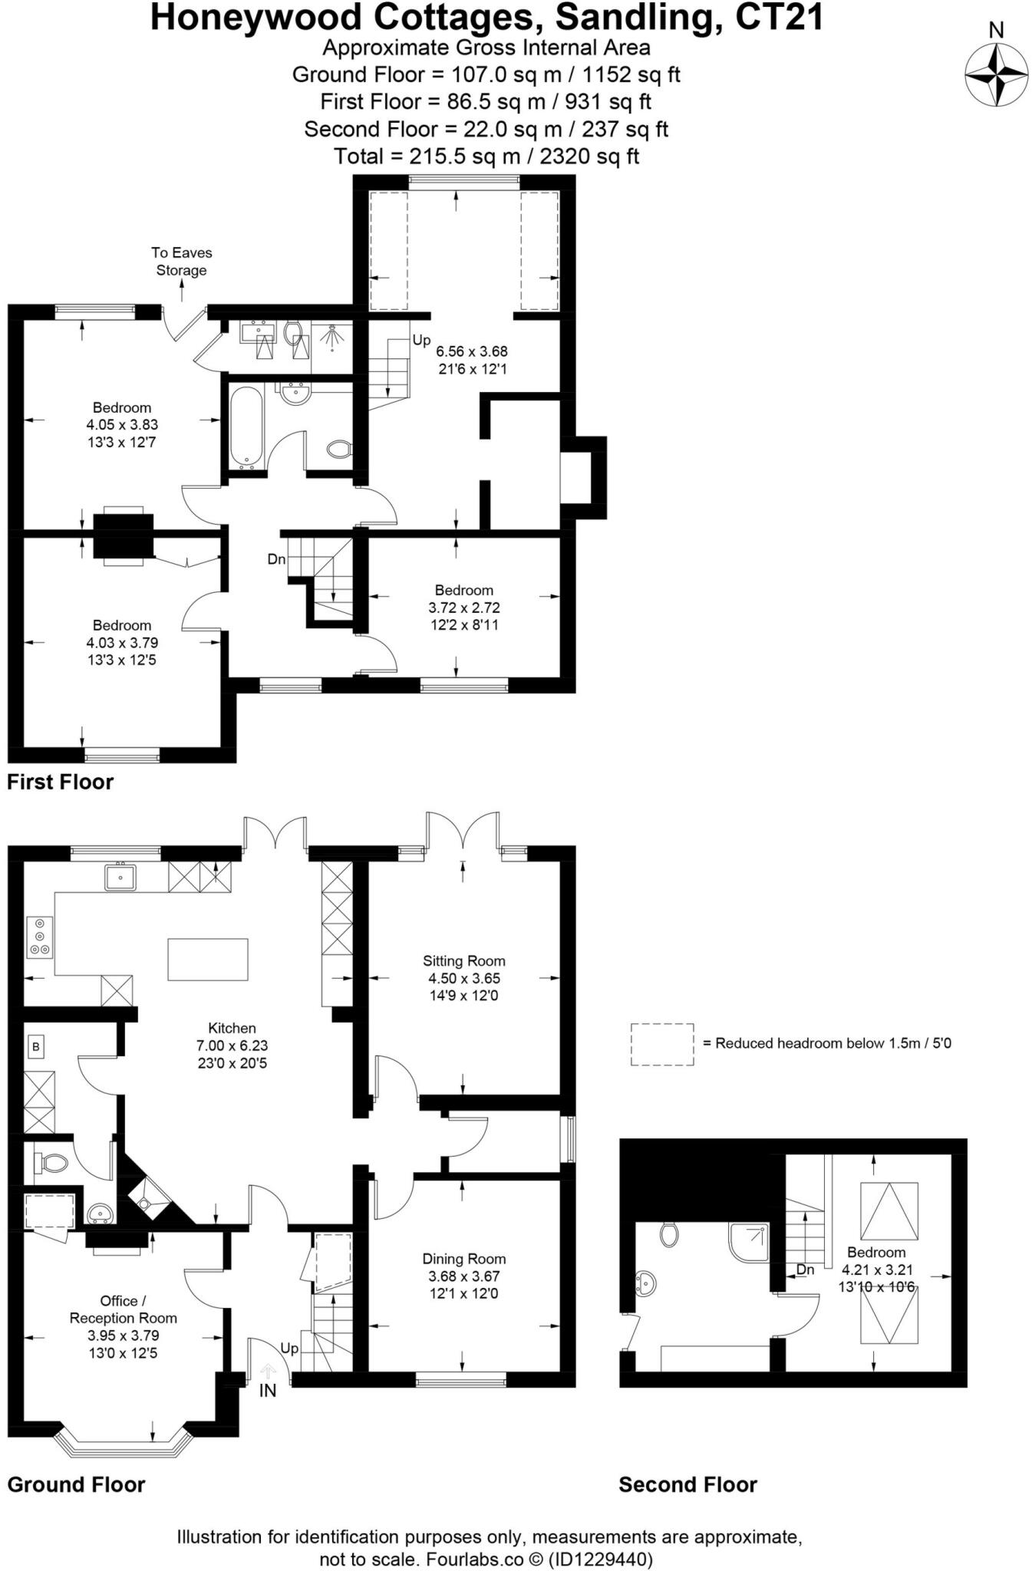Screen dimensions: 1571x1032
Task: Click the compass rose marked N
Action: tap(996, 74)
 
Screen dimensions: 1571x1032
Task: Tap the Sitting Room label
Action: tap(463, 961)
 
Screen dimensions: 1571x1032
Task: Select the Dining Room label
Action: tap(463, 1259)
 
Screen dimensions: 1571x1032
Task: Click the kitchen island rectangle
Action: tap(208, 959)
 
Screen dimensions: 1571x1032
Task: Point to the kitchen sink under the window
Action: tap(120, 877)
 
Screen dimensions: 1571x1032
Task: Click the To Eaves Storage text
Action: tap(181, 262)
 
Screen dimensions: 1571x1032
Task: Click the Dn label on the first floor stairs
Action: tap(276, 559)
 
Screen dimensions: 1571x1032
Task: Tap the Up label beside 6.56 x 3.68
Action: tap(421, 340)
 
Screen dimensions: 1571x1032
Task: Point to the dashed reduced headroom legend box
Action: tap(661, 1044)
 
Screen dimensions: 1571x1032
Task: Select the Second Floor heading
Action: tap(687, 1485)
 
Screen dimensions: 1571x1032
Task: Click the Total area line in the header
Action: tap(486, 156)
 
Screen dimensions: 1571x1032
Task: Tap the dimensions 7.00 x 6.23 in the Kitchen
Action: tap(232, 1046)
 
